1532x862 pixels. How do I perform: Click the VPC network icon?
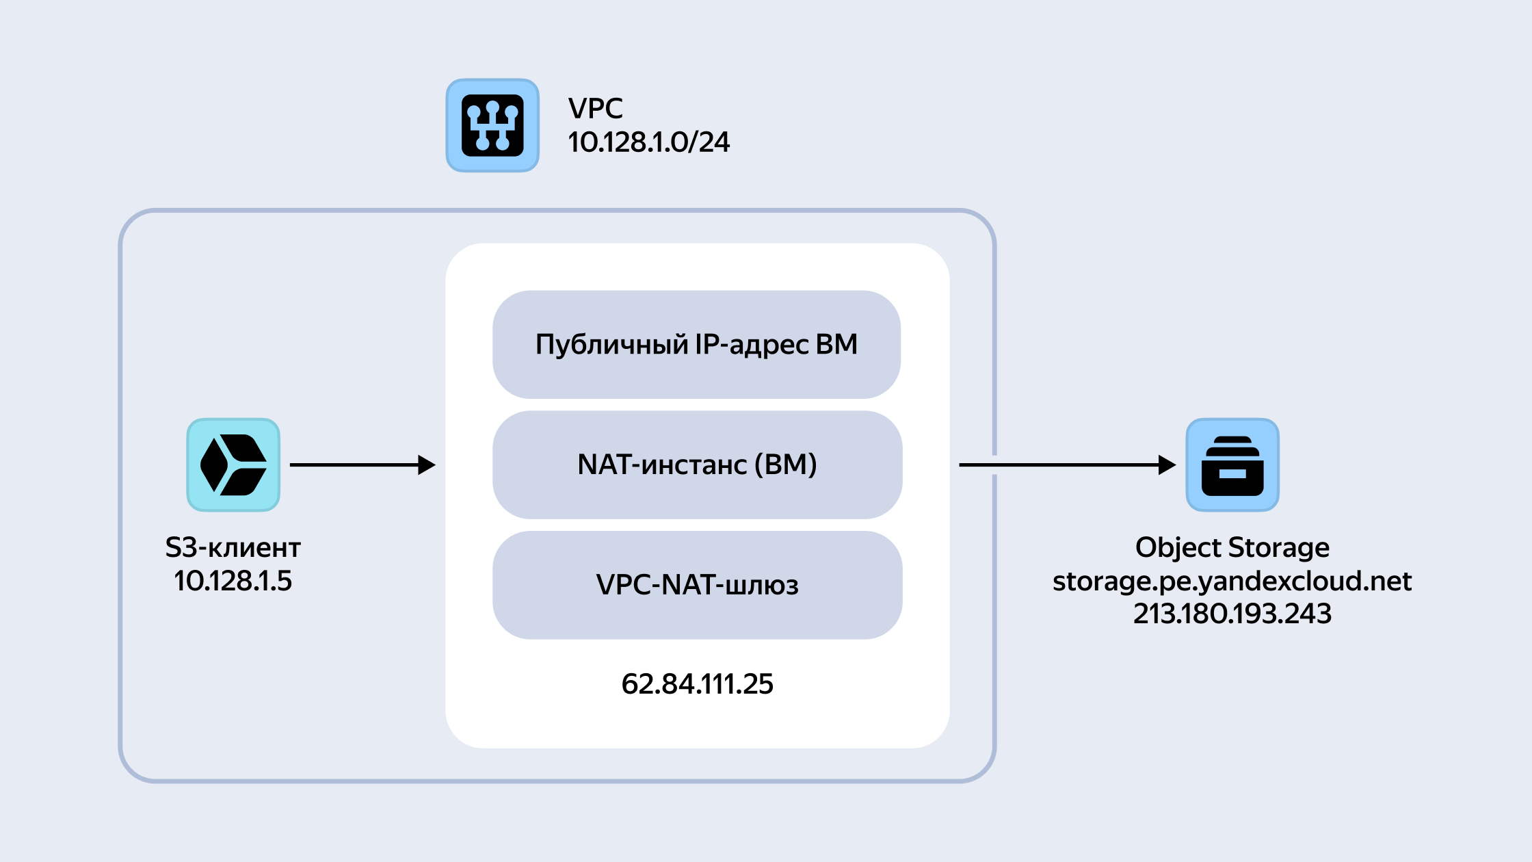click(x=492, y=125)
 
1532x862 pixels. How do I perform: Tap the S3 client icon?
click(x=233, y=465)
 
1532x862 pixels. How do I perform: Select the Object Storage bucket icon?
click(x=1232, y=465)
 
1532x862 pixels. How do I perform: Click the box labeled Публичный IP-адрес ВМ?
click(x=696, y=344)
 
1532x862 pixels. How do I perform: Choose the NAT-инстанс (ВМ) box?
click(x=697, y=465)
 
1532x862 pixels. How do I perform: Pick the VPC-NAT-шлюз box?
click(x=697, y=585)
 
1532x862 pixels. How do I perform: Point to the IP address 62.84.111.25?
click(x=697, y=684)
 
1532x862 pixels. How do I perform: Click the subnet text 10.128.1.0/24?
click(x=648, y=142)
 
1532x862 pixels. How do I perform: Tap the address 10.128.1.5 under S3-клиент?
click(x=233, y=581)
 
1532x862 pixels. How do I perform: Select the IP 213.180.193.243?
click(x=1232, y=614)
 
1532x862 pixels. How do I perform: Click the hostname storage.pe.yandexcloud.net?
click(x=1232, y=582)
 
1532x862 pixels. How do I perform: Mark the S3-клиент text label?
click(x=233, y=547)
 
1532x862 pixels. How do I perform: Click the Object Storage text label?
click(x=1232, y=548)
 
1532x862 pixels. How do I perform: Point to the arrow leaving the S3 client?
click(x=362, y=465)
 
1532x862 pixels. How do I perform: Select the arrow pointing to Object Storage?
click(x=1068, y=465)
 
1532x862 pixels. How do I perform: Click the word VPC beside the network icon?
click(x=595, y=109)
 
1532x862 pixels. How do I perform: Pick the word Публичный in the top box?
click(x=611, y=345)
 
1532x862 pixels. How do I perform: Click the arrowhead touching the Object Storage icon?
click(x=1167, y=465)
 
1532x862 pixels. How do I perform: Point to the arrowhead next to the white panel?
click(x=427, y=465)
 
